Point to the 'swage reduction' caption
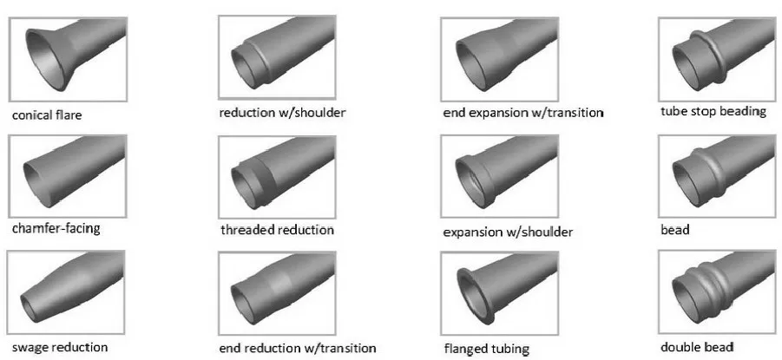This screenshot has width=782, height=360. point(59,347)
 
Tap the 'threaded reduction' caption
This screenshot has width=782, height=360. point(278,231)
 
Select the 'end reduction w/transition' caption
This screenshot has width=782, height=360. point(298,348)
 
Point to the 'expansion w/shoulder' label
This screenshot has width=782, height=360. point(508,232)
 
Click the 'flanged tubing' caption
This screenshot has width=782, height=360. point(486,349)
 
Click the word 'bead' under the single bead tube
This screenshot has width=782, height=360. point(675,231)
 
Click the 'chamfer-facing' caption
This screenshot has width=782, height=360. point(56,229)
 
